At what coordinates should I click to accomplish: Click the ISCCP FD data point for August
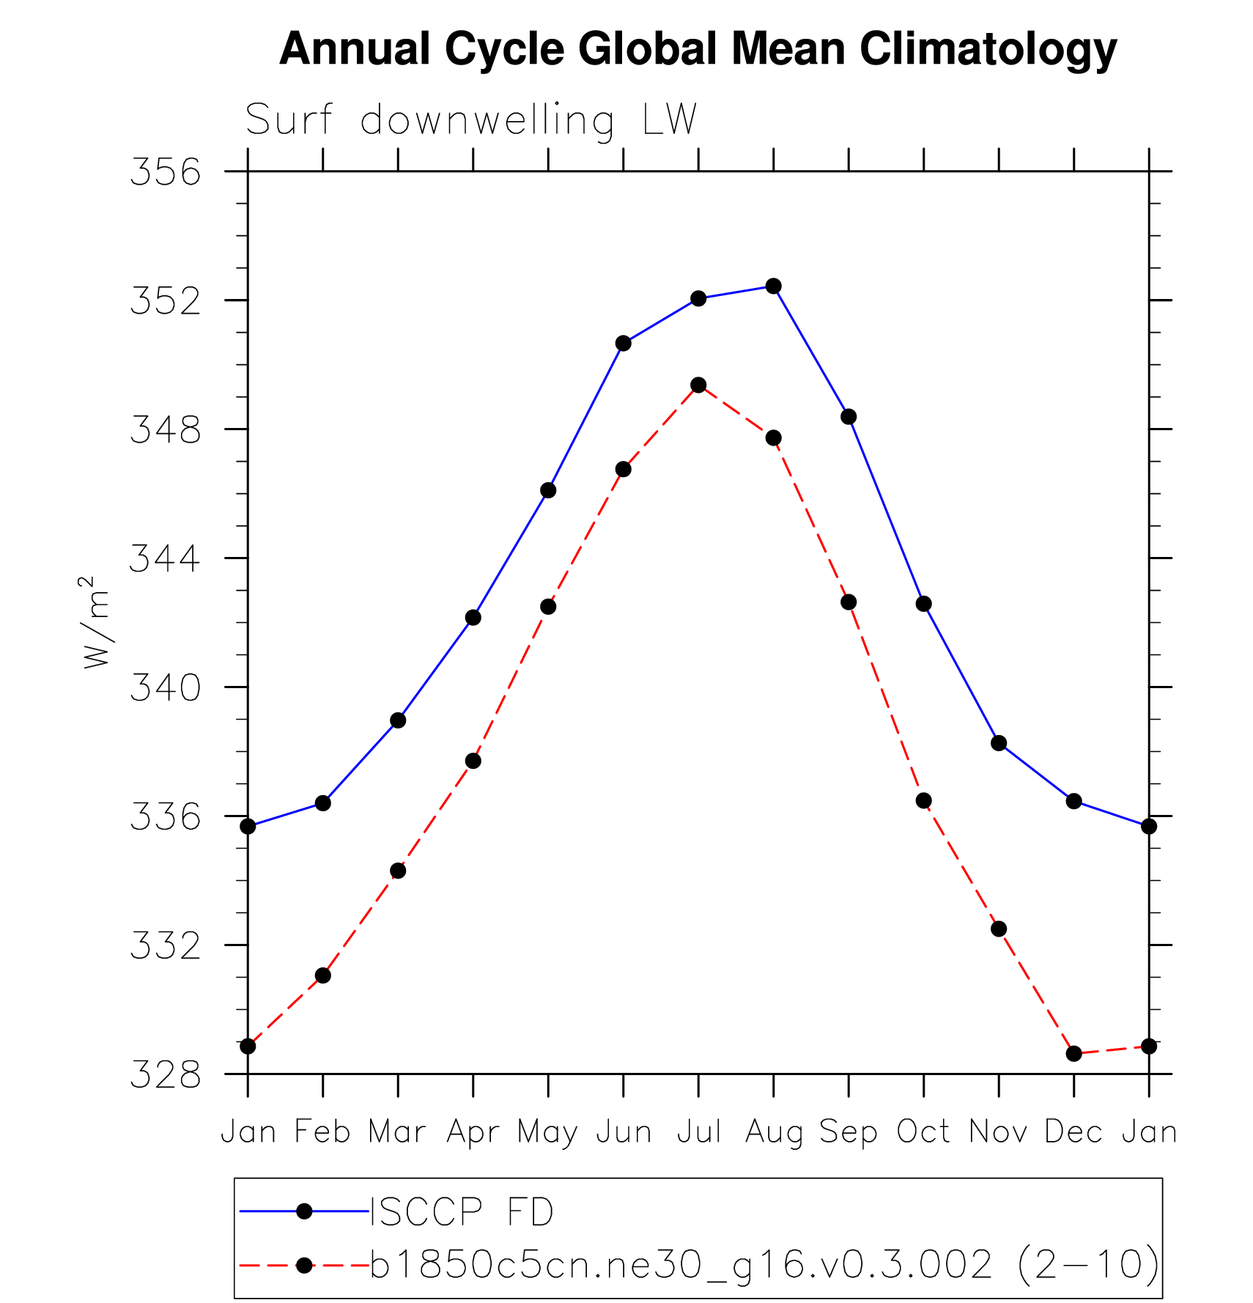(x=773, y=286)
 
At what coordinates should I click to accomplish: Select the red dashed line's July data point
(x=698, y=385)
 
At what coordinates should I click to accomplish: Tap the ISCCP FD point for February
(x=323, y=803)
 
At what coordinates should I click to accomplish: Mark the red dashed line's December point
(x=1073, y=1054)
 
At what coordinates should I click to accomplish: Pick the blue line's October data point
(x=923, y=604)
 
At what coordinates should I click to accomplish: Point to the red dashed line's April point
(x=473, y=761)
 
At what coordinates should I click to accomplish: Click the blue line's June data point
(x=624, y=343)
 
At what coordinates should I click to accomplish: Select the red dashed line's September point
(x=849, y=602)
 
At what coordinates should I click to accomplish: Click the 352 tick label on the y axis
(x=165, y=301)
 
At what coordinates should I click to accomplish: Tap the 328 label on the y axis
(x=165, y=1075)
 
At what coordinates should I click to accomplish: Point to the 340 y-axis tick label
(x=165, y=688)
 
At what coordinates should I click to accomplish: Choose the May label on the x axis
(x=547, y=1133)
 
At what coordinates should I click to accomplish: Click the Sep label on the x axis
(x=849, y=1133)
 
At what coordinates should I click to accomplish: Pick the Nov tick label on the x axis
(x=998, y=1132)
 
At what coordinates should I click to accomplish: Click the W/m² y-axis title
(x=96, y=623)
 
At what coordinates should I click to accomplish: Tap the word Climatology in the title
(x=987, y=49)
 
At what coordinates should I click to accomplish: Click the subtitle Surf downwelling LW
(x=470, y=119)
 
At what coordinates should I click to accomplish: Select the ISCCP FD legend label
(x=462, y=1213)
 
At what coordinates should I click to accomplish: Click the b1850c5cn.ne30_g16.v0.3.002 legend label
(x=681, y=1264)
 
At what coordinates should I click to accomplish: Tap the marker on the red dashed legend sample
(x=304, y=1265)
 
